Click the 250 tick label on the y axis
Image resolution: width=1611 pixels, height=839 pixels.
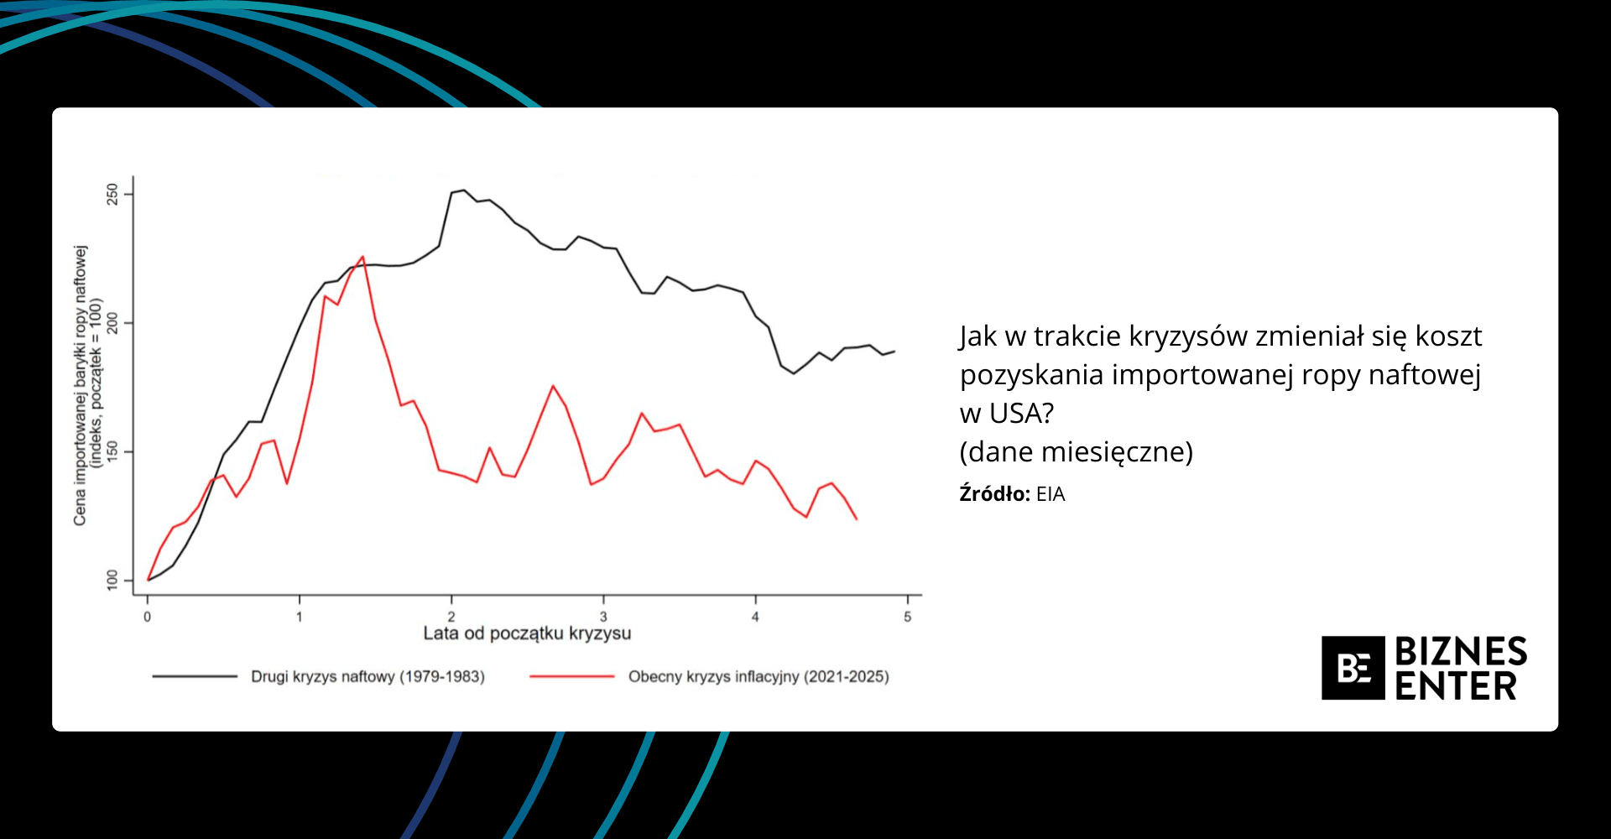point(112,195)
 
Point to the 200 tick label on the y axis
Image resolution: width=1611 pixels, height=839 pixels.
point(112,323)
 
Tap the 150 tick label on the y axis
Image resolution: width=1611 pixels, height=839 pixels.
point(112,452)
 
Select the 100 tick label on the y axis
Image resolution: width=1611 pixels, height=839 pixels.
point(112,580)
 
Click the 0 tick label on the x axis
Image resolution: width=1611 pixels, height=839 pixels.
point(148,618)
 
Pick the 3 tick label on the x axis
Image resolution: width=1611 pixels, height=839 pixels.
point(603,618)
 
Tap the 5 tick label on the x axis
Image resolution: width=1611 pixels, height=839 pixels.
point(907,618)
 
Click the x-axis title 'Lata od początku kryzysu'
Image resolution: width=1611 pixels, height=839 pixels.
point(527,633)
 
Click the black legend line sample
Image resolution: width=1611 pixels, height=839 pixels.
point(195,676)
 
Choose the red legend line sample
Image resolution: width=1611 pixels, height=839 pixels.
point(572,676)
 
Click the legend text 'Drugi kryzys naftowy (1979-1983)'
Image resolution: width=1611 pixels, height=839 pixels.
point(368,676)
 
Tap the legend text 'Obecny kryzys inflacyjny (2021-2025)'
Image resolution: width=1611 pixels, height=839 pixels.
point(759,676)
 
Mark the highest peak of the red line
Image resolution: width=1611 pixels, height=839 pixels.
point(362,257)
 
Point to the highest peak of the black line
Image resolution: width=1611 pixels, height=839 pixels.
point(464,190)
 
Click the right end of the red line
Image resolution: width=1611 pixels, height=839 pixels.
point(857,519)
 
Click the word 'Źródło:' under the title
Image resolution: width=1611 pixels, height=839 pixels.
point(994,494)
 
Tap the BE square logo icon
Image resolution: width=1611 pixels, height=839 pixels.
point(1353,668)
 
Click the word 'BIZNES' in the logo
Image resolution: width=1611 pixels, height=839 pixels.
point(1461,652)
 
